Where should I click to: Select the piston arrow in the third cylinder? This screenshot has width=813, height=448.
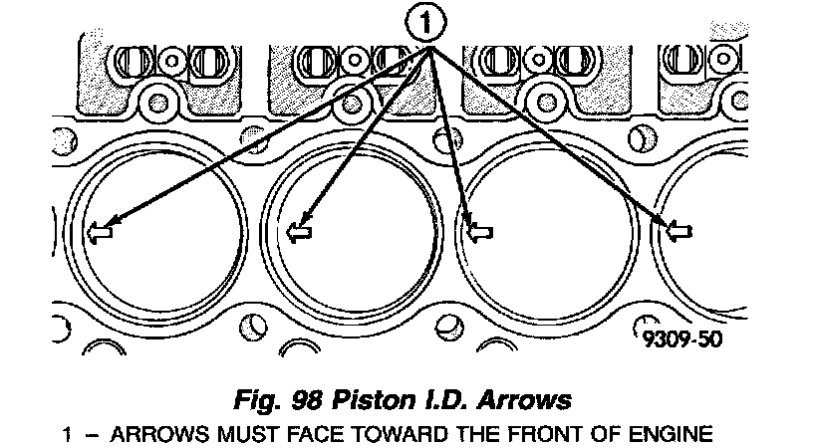click(480, 232)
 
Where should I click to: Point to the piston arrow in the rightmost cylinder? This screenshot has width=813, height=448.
click(680, 232)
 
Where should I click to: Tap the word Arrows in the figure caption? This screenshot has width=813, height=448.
click(527, 401)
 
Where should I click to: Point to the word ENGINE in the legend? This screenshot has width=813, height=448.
click(677, 434)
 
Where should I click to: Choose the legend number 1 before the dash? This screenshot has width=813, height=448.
click(67, 434)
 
